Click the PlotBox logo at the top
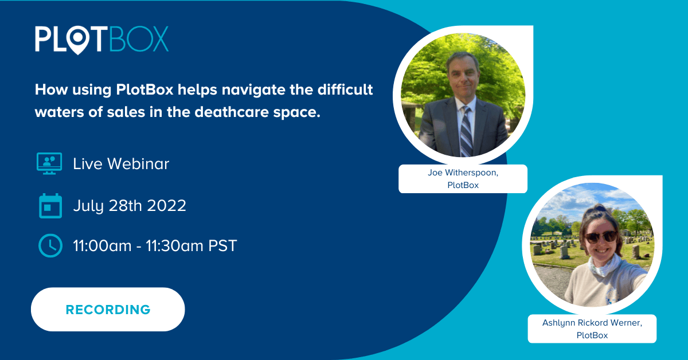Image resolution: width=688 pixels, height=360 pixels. coord(101,39)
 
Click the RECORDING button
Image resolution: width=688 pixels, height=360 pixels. coord(108,310)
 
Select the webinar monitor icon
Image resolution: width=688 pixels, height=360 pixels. coord(49,163)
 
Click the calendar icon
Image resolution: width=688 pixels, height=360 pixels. coord(50,205)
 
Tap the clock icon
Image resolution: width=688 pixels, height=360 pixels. coord(50,246)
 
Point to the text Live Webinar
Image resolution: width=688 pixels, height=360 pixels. coord(121,164)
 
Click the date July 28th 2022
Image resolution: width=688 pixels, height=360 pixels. coord(130,206)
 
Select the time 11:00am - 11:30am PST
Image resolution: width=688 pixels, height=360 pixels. coord(155,246)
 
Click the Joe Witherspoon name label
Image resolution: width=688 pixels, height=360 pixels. coord(463,178)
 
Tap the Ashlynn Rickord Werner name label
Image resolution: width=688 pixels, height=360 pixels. coord(592,328)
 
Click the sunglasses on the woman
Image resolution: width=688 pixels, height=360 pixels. coord(601,237)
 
